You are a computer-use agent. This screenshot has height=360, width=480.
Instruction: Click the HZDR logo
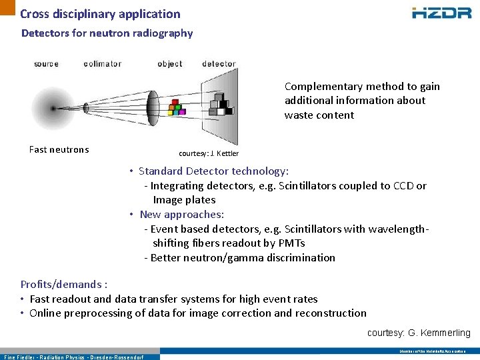tap(441, 13)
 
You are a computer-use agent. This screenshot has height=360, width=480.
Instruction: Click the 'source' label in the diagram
tap(46, 64)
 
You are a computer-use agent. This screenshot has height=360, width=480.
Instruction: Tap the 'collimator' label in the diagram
tap(103, 64)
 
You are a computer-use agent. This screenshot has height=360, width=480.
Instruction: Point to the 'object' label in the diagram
tap(170, 64)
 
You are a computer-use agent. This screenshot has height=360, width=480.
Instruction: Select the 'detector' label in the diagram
tap(219, 64)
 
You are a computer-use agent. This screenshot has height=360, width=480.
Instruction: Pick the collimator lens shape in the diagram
tap(152, 106)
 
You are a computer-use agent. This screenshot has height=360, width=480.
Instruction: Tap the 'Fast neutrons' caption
tap(59, 149)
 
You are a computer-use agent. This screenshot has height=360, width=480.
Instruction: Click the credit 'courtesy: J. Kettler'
tap(209, 153)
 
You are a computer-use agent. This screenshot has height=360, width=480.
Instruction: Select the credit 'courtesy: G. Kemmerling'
tap(419, 333)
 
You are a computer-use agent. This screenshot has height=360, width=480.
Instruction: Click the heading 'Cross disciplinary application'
tap(100, 14)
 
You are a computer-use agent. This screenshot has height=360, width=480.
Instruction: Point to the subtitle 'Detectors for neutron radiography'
tap(107, 33)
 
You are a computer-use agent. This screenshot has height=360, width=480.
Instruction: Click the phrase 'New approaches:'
tap(182, 215)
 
